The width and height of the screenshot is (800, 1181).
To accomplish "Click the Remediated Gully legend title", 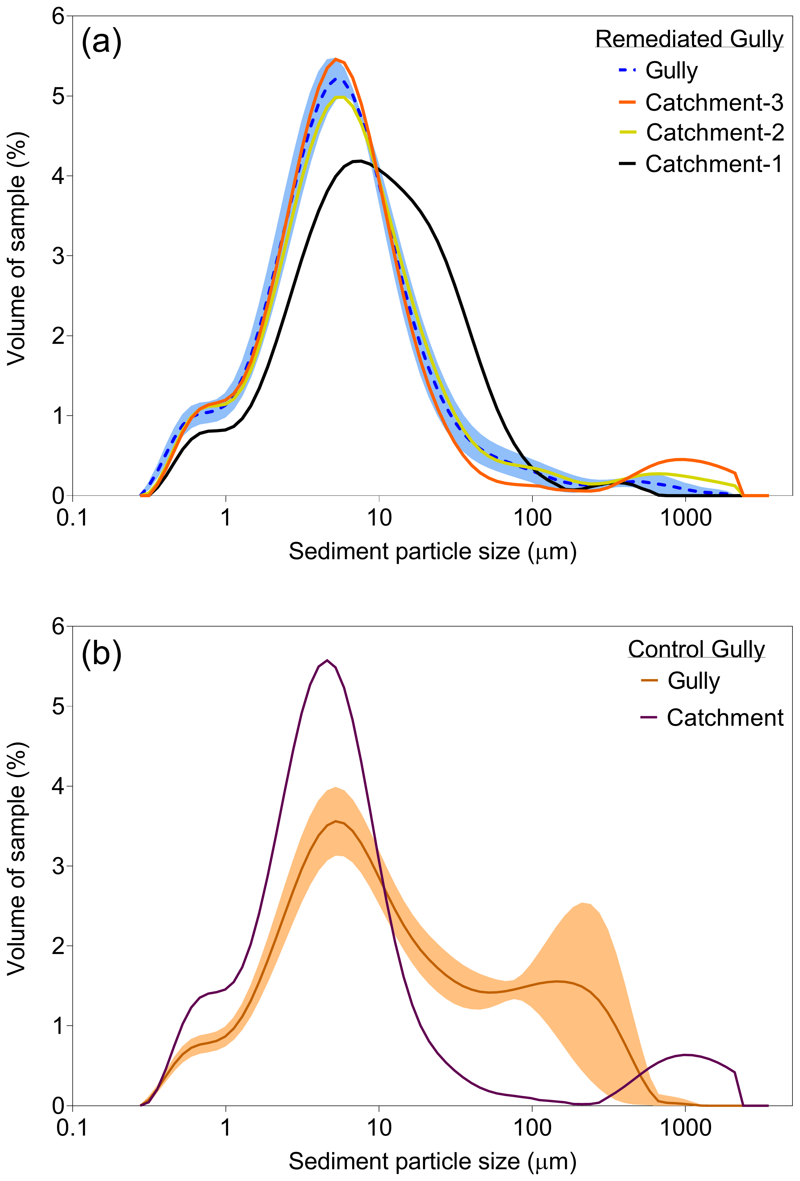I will coord(689,39).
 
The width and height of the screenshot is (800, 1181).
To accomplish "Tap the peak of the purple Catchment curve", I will coord(327,660).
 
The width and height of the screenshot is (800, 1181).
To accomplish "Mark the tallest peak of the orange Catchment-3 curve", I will coord(336,60).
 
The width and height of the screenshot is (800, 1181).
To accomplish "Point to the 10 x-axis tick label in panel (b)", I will coord(379,1128).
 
